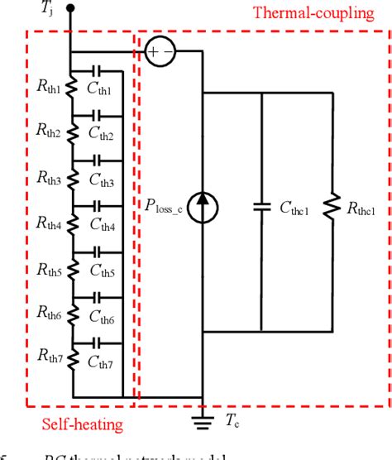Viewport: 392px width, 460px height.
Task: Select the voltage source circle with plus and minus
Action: pos(159,52)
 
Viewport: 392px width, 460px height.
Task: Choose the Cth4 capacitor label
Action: pos(104,224)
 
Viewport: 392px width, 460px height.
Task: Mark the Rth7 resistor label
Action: pos(48,357)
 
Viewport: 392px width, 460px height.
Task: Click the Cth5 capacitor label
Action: pos(104,270)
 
